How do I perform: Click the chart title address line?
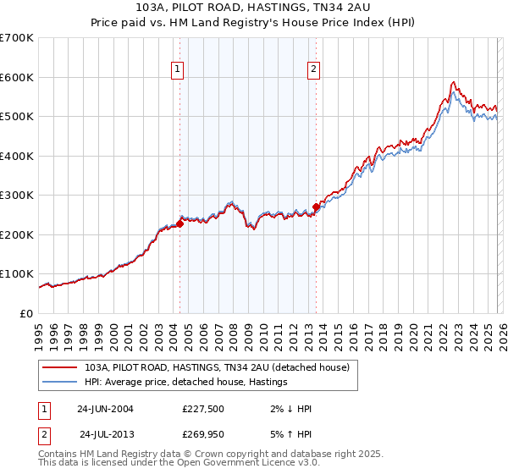click(x=253, y=7)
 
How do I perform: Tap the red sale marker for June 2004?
click(x=179, y=224)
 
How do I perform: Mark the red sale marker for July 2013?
click(x=316, y=207)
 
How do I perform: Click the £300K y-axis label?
click(x=17, y=196)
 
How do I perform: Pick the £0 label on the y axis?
click(x=25, y=313)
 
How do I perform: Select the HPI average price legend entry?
click(x=186, y=382)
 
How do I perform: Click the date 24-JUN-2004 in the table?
click(x=105, y=409)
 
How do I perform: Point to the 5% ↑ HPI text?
click(x=289, y=434)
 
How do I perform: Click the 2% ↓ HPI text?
click(x=289, y=409)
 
